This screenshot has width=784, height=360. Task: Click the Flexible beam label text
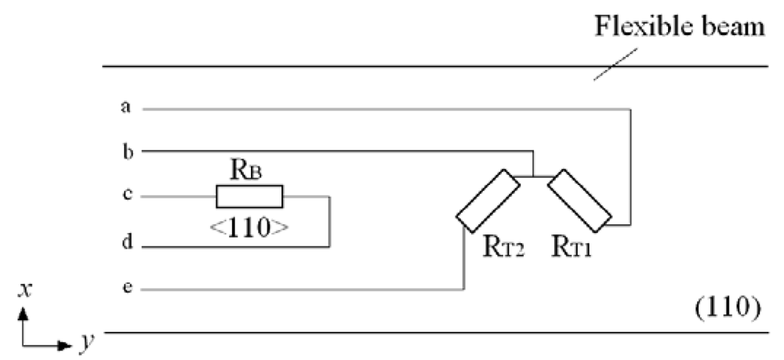[678, 28]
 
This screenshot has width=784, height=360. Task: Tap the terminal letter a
[125, 107]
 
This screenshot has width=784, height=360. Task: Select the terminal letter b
[125, 151]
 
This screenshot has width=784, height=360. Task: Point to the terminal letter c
[125, 196]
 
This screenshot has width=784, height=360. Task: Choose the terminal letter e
[125, 289]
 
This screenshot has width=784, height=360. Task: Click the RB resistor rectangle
[249, 196]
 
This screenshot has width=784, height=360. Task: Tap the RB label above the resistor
[247, 168]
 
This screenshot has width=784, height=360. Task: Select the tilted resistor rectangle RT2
[488, 202]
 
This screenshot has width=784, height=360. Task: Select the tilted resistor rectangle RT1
[579, 202]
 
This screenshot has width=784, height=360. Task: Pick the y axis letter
[83, 342]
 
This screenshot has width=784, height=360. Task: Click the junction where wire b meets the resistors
[533, 178]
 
